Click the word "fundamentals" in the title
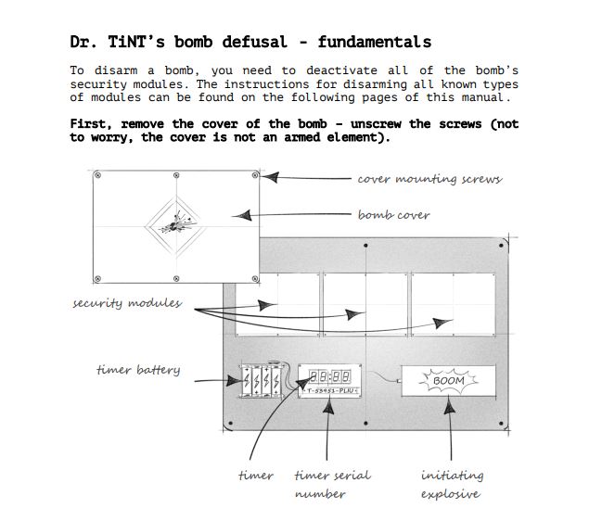tap(375, 42)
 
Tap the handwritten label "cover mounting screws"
tap(429, 179)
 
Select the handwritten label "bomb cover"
tap(393, 215)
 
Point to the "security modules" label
tap(127, 303)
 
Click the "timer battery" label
tap(138, 370)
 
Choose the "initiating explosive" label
tap(452, 485)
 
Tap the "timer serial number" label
tap(332, 485)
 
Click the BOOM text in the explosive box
tap(449, 381)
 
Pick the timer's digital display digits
tap(330, 376)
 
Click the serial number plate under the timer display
tap(330, 391)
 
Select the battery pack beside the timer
tap(262, 380)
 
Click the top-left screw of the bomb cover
tap(97, 175)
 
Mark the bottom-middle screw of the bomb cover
tap(176, 278)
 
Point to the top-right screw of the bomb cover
tap(255, 175)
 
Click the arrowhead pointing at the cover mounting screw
tap(271, 177)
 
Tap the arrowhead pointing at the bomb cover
tap(242, 215)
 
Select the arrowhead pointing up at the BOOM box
tap(449, 405)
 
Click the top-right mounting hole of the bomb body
tap(501, 246)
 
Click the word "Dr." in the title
tap(83, 42)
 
